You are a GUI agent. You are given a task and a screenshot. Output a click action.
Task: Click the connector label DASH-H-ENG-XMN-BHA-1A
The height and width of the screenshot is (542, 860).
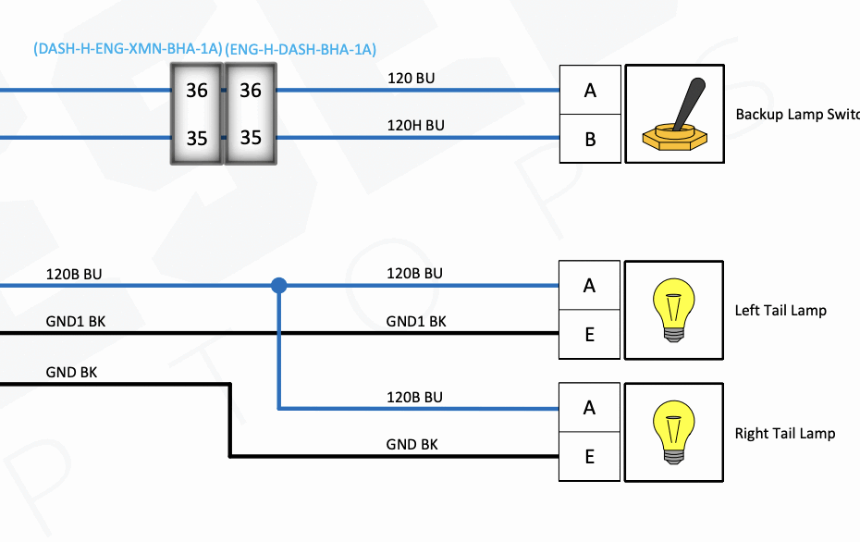click(128, 50)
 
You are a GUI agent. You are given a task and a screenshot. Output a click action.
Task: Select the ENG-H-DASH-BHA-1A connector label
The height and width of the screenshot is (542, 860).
click(301, 50)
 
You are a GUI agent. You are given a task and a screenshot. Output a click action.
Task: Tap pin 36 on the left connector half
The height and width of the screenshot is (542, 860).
click(197, 91)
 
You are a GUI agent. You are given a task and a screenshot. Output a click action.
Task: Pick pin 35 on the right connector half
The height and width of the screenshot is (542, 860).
click(251, 138)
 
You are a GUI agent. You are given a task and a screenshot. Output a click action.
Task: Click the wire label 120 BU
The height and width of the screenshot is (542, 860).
click(411, 79)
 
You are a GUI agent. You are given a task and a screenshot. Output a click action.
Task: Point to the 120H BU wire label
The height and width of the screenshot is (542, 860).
click(415, 125)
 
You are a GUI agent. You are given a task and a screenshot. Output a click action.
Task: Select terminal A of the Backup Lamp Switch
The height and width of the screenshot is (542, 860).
click(590, 91)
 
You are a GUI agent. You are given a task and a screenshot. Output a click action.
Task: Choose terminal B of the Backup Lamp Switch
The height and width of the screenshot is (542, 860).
click(590, 140)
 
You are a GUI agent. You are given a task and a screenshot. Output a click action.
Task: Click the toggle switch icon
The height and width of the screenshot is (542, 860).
click(674, 115)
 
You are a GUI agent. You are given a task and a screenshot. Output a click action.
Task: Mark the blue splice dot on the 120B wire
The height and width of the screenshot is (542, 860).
click(278, 286)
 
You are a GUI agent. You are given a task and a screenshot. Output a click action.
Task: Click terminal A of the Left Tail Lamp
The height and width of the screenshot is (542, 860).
click(590, 286)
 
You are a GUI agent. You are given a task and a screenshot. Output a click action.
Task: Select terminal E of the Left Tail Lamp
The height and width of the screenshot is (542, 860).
click(590, 335)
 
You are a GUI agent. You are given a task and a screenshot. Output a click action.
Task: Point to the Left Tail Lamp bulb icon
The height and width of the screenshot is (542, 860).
click(674, 310)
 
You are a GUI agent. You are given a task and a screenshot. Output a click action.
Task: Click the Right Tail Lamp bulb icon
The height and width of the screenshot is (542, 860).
click(674, 433)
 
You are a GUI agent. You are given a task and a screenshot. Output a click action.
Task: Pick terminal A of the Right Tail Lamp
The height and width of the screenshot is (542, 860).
click(590, 408)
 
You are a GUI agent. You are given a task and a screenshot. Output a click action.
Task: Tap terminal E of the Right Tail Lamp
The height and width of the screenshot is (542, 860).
click(590, 457)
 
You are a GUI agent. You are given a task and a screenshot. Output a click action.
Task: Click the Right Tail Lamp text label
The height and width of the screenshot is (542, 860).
click(785, 433)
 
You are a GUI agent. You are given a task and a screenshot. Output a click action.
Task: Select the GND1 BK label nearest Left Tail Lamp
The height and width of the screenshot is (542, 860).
click(416, 321)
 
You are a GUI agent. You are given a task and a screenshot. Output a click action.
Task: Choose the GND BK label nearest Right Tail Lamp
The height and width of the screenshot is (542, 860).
click(412, 444)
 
